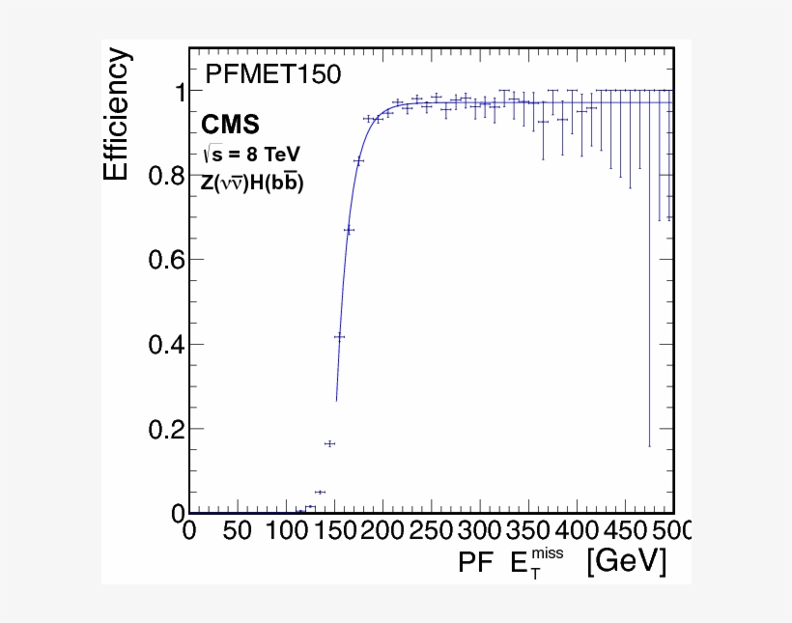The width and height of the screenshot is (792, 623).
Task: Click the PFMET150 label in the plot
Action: [273, 74]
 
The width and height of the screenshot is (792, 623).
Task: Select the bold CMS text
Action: [230, 125]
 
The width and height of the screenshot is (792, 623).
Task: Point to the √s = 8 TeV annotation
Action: [251, 154]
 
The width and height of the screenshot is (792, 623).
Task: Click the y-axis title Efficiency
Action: [116, 116]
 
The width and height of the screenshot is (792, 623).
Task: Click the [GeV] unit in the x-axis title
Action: [626, 561]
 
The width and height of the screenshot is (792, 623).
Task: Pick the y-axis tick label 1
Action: [179, 92]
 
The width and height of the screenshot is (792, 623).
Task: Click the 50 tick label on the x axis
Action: [238, 530]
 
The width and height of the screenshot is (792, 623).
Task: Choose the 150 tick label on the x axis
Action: [334, 530]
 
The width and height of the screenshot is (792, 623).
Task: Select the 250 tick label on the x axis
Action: [431, 530]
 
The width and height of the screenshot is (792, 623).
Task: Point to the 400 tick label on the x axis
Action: [577, 530]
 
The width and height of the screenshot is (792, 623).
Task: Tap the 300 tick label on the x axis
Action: [480, 530]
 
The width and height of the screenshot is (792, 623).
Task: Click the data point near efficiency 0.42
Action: [339, 336]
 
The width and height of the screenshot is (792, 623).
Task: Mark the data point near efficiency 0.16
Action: [329, 443]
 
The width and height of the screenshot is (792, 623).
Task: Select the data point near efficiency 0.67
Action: [349, 230]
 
